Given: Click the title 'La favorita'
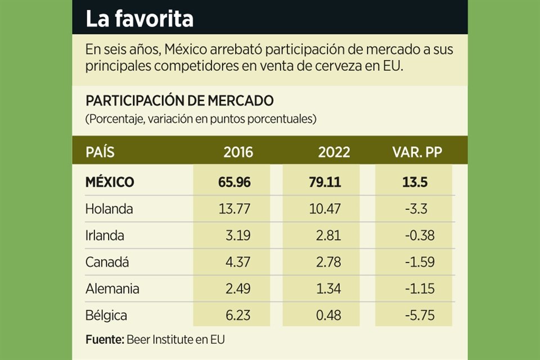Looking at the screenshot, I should [x=139, y=19].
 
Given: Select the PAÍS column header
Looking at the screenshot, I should [x=100, y=152].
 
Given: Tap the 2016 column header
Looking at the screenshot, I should [x=238, y=152].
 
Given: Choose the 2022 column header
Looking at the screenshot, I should [x=334, y=152].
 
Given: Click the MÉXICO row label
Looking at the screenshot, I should [x=110, y=182].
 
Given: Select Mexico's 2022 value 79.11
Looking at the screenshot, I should [x=326, y=182].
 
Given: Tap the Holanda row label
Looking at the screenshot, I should [x=109, y=209].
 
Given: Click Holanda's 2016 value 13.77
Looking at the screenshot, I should [x=233, y=209].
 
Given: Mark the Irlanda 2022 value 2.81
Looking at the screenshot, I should [x=328, y=235].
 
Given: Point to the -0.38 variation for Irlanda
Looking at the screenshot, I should [x=420, y=235].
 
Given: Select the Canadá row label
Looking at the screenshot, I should [x=106, y=262].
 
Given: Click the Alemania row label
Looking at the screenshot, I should [x=112, y=289].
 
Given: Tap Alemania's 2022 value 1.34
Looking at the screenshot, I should [x=328, y=289].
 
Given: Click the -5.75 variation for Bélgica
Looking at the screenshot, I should [x=420, y=316].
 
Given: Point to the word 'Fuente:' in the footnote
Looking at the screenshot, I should [x=104, y=340].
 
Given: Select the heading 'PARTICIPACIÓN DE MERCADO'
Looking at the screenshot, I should [x=179, y=101].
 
